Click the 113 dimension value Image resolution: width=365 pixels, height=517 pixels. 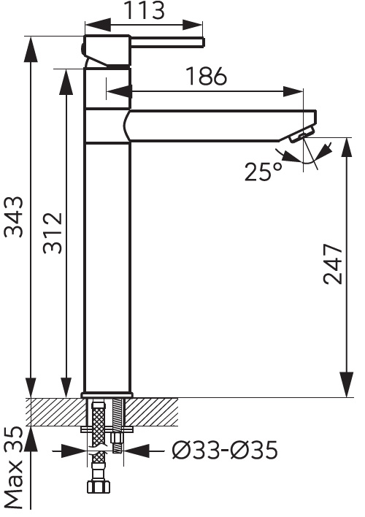click(145, 10)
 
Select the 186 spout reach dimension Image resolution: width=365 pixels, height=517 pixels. click(207, 77)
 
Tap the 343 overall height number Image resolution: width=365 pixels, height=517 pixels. click(14, 217)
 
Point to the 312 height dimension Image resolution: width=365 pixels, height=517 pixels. click(53, 233)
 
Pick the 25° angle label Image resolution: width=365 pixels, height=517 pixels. click(264, 172)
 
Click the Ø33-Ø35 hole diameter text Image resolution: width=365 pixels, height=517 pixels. click(225, 450)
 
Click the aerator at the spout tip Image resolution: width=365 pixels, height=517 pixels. click(301, 136)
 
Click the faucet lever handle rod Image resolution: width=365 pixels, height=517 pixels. click(168, 42)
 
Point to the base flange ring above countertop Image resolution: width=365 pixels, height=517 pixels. click(107, 395)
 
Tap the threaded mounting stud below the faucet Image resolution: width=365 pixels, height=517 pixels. click(118, 425)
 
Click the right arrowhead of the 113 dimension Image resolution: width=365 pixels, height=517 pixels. click(192, 25)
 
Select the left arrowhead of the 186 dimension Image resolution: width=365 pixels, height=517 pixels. click(116, 92)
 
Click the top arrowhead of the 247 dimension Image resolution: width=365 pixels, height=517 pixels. click(347, 148)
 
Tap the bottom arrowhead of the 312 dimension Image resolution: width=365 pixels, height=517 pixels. click(66, 388)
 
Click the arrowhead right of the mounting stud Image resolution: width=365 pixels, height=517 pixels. click(135, 450)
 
